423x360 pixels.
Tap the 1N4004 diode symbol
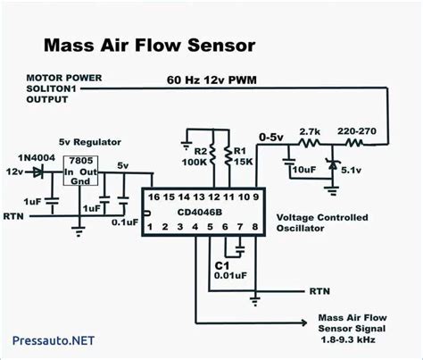(38, 172)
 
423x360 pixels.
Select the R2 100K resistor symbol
(212, 155)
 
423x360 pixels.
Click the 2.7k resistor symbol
(310, 144)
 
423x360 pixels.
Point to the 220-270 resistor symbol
(354, 144)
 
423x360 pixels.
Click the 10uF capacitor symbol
(288, 162)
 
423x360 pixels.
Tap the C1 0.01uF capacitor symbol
(240, 249)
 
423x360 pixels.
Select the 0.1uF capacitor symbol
(123, 200)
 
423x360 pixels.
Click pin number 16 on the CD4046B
(153, 197)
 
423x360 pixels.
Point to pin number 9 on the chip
(256, 197)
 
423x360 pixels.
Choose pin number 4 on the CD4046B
(195, 227)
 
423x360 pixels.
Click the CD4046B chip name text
(200, 213)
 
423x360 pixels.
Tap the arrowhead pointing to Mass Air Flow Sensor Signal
(304, 322)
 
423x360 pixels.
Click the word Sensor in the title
(221, 46)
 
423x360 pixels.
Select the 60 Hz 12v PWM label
(211, 80)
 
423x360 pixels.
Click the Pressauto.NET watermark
(54, 340)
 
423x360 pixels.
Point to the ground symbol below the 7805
(79, 232)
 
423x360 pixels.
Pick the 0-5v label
(271, 138)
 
